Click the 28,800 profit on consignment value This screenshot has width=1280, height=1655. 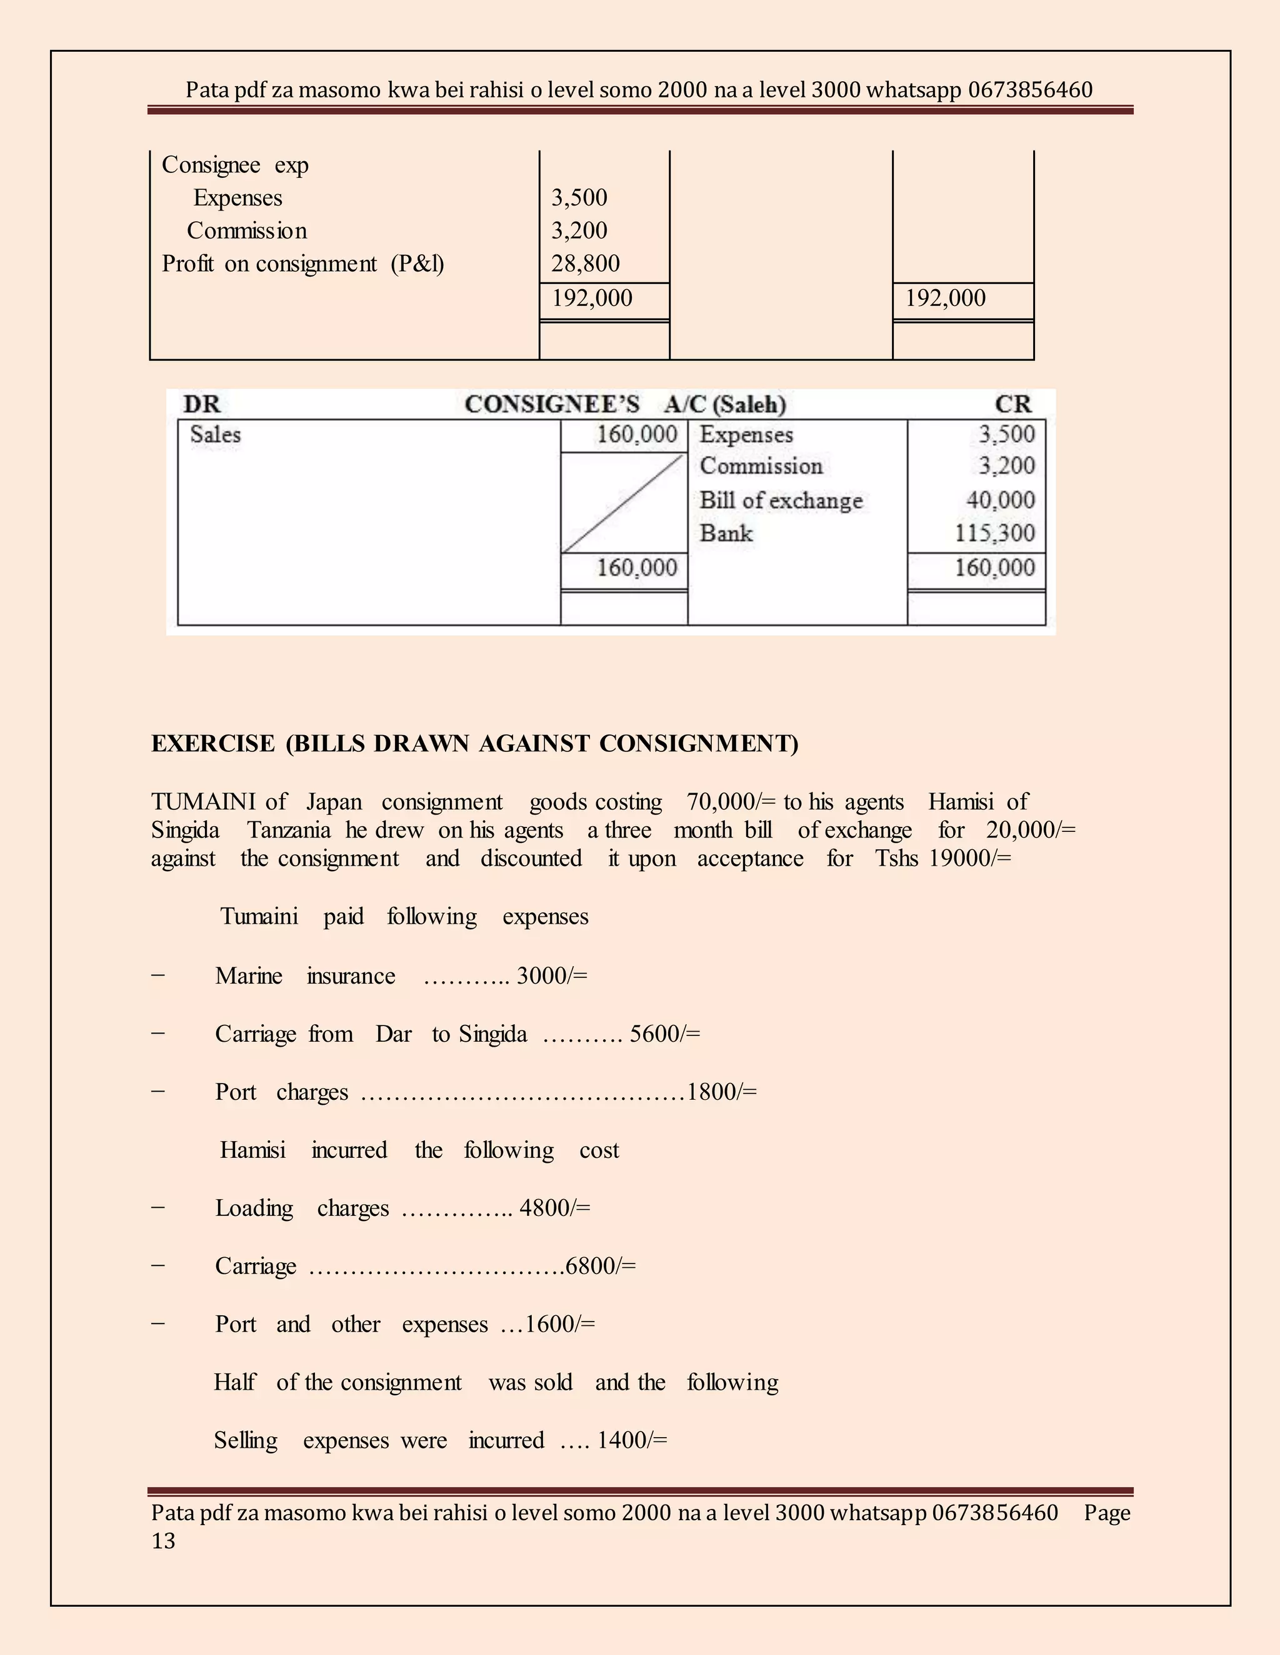[x=584, y=264]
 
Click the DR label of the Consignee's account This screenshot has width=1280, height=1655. [x=201, y=404]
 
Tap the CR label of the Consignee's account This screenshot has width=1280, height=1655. [x=1013, y=404]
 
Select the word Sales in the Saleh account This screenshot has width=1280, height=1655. [x=216, y=435]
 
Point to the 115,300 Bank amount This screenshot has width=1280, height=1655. [x=994, y=533]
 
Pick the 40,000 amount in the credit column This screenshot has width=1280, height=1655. [x=999, y=500]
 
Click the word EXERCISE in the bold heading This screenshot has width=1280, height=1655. [x=213, y=743]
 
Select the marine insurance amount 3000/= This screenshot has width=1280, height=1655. [x=551, y=976]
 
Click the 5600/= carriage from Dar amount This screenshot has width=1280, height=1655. [x=664, y=1034]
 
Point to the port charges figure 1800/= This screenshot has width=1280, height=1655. [x=721, y=1092]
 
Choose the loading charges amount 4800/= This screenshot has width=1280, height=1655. [x=554, y=1208]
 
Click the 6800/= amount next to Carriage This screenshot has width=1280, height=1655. [x=601, y=1267]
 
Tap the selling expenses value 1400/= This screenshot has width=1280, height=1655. [x=632, y=1441]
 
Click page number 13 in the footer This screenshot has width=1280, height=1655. [x=163, y=1541]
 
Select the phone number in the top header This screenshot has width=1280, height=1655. [x=1030, y=90]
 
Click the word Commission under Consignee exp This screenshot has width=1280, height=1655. [x=246, y=230]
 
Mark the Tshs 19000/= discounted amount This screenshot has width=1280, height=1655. [x=942, y=859]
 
